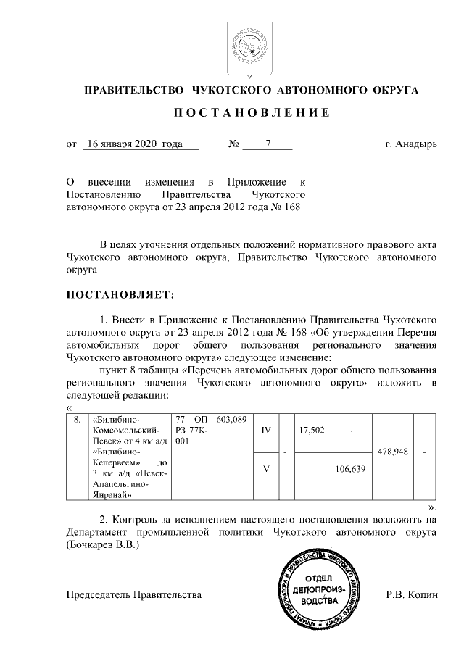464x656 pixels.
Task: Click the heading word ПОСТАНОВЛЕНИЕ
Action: pyautogui.click(x=252, y=113)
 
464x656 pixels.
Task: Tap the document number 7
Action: pyautogui.click(x=268, y=144)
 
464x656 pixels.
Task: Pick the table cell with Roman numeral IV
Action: pyautogui.click(x=265, y=431)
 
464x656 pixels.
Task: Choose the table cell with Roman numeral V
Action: pyautogui.click(x=265, y=468)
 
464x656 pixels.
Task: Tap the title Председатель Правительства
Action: pyautogui.click(x=133, y=594)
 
